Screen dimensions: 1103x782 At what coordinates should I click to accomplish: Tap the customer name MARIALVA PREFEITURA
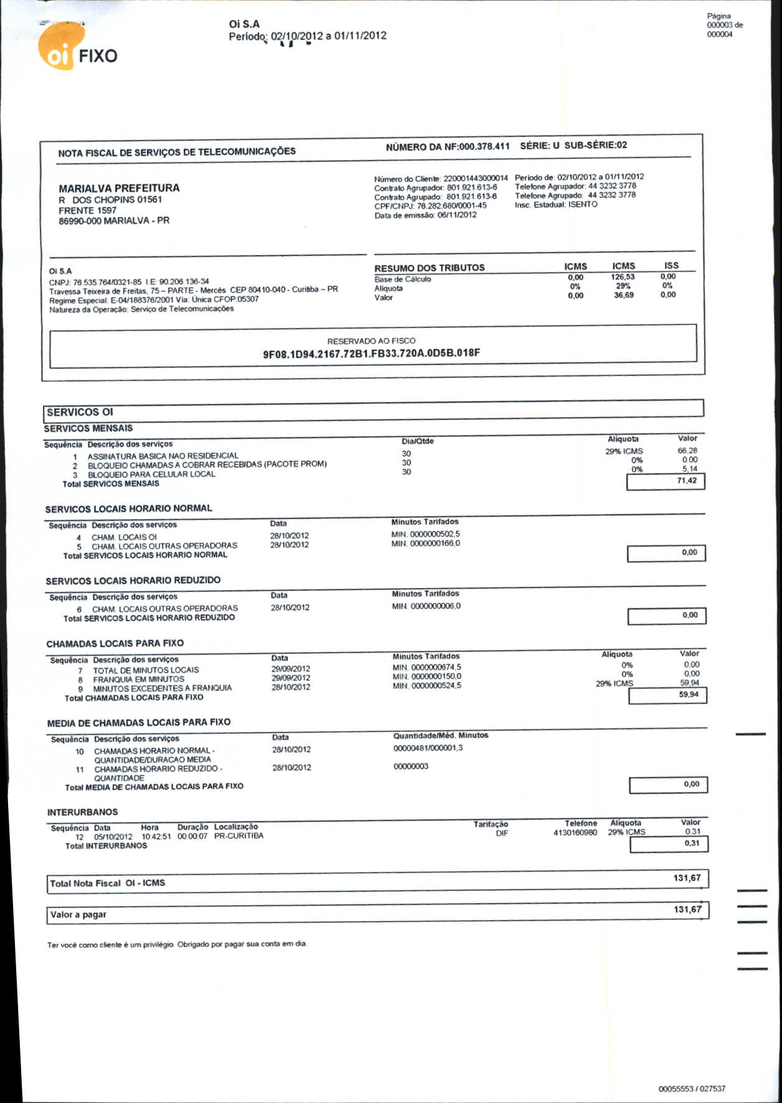[x=119, y=188]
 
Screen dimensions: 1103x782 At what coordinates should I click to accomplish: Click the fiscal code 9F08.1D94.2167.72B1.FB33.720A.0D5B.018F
[x=371, y=354]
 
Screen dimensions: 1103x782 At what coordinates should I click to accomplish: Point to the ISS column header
[x=671, y=265]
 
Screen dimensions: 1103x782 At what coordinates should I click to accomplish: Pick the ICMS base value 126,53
[x=623, y=277]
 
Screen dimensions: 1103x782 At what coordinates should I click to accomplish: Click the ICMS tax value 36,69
[x=623, y=295]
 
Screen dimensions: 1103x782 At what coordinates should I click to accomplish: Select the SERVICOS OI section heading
[x=80, y=412]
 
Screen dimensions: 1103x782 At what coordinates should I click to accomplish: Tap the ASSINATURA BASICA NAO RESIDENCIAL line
[x=163, y=456]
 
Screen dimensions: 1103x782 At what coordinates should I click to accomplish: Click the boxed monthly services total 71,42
[x=686, y=481]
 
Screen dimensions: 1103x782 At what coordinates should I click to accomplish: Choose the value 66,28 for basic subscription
[x=687, y=451]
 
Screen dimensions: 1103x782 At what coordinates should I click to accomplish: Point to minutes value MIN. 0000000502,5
[x=425, y=534]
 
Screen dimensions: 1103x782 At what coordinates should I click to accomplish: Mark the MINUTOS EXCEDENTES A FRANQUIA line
[x=162, y=688]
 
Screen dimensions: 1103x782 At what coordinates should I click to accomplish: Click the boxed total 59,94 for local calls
[x=688, y=695]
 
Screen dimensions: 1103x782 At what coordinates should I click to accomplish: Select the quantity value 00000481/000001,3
[x=428, y=748]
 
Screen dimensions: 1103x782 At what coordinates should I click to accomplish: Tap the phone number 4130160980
[x=575, y=833]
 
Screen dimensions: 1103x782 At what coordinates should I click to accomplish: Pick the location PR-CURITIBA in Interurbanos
[x=238, y=836]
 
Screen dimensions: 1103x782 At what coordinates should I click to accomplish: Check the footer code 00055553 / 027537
[x=691, y=1089]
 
